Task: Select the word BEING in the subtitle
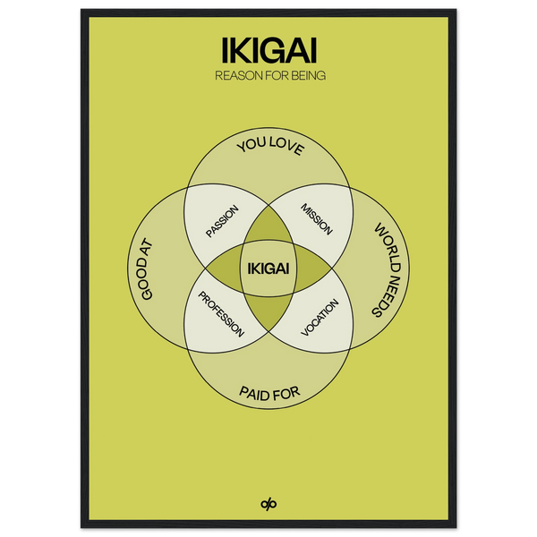coord(305,75)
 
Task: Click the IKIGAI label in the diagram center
coord(268,268)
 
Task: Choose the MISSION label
coord(316,217)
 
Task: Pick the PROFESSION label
coord(220,313)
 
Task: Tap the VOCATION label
coord(320,315)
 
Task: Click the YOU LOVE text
coord(268,148)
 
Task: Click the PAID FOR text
coord(268,392)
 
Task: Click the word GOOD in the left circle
coord(147,288)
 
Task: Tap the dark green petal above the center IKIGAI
coord(268,226)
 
